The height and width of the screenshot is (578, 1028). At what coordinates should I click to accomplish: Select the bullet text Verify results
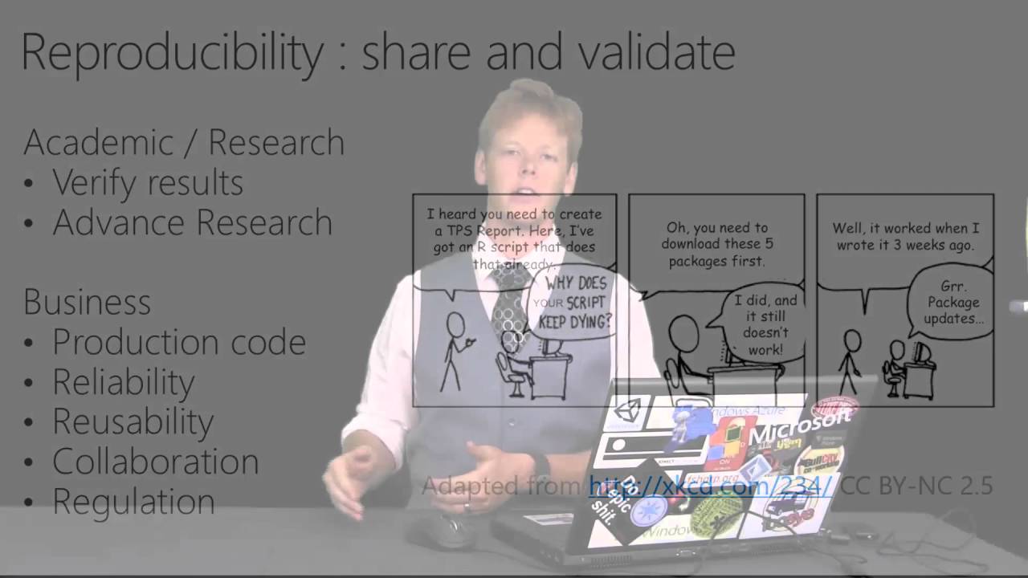148,183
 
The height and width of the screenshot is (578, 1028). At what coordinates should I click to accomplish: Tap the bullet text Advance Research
192,223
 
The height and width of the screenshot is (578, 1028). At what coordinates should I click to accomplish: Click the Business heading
87,303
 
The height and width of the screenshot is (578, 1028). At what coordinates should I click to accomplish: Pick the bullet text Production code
178,343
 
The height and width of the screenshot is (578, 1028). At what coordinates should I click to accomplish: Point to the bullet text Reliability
123,382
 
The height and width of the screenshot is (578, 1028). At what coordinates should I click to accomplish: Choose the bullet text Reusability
133,422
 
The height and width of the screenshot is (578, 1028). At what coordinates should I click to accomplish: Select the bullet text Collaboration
155,462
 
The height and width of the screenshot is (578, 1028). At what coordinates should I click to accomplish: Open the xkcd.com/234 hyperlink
711,486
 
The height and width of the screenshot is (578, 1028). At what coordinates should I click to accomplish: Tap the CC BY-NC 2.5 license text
918,486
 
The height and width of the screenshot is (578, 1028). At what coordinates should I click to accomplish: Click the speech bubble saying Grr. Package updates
953,303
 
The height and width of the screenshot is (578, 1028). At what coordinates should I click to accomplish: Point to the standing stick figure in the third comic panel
850,361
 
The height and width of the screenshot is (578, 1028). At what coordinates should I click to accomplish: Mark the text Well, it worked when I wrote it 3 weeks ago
905,237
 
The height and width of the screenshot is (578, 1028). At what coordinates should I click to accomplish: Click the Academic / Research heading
184,143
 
